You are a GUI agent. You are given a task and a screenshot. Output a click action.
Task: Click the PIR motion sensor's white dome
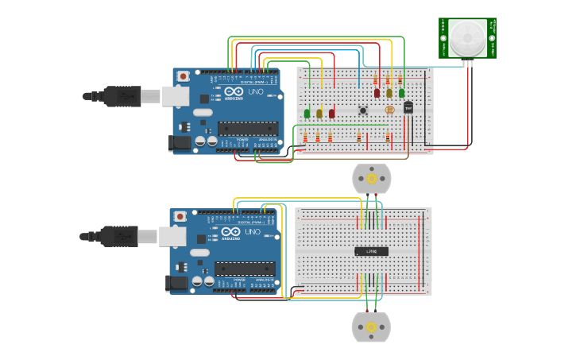[467, 37]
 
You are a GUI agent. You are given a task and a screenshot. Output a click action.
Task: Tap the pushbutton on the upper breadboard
[363, 110]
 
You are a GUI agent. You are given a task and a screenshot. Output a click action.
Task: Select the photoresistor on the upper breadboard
[389, 110]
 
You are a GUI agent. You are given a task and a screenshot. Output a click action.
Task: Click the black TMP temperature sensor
[408, 107]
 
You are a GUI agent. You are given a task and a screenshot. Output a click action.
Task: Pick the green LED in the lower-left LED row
[307, 114]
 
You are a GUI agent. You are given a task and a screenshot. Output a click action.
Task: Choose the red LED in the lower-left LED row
[332, 114]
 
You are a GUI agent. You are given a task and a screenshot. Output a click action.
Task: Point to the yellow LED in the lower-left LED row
[319, 114]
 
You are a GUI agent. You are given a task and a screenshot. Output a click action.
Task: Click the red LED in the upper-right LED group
[377, 93]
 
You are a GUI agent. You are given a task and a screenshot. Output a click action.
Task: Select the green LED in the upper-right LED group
[402, 93]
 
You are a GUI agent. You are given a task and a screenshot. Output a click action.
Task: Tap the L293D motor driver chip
[371, 251]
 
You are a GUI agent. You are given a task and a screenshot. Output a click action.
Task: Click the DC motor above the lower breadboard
[372, 179]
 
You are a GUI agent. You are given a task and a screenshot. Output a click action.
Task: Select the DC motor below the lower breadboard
[371, 327]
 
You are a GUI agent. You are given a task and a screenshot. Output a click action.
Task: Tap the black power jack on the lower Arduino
[176, 281]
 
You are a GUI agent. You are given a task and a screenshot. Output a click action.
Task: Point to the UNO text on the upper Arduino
[256, 91]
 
